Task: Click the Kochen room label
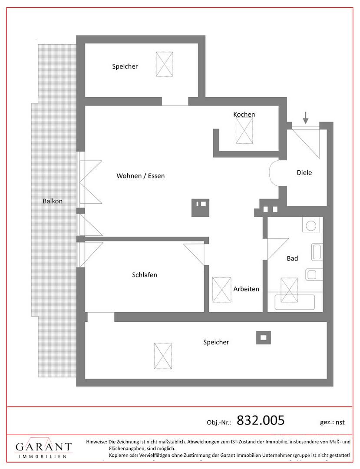coord(244,114)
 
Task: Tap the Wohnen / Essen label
coord(141,176)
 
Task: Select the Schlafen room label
coord(145,274)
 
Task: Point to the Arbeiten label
coord(246,289)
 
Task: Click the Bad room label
coord(292,258)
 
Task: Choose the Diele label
coord(304,172)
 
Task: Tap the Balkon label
coord(53,201)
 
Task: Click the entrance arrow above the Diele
coord(305,118)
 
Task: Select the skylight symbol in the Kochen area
coord(244,130)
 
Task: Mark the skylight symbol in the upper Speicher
coord(165,64)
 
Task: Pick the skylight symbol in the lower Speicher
coord(163,356)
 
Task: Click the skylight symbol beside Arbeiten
coord(221,290)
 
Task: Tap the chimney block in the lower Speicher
coord(264,338)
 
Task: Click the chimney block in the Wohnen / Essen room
coord(200,208)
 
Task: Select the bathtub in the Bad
coord(295,302)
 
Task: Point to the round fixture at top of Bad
coord(311,225)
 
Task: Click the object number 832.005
coord(261,420)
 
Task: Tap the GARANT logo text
coord(44,447)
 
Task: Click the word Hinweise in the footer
coord(96,442)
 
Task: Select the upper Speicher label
coord(125,66)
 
